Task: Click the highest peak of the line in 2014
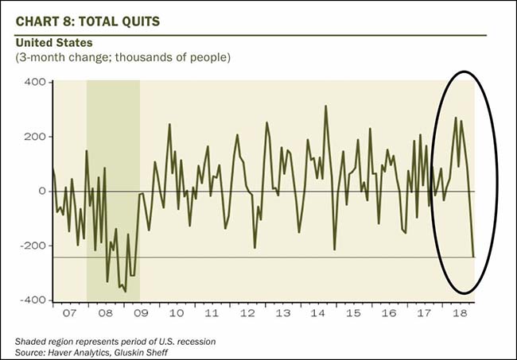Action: point(326,106)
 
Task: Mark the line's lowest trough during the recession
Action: point(125,292)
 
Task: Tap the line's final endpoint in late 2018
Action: point(473,256)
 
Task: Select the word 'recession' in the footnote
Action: point(192,342)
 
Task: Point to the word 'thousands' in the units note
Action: point(116,59)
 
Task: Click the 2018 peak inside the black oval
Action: point(455,118)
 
